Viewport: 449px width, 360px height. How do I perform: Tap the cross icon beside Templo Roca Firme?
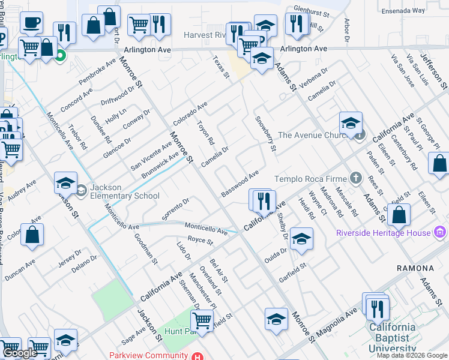(356, 178)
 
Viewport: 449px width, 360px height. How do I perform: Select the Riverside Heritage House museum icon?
(441, 232)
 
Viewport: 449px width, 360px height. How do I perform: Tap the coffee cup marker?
(31, 23)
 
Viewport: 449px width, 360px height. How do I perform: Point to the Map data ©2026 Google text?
(411, 355)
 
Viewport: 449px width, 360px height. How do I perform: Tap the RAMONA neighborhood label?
(414, 268)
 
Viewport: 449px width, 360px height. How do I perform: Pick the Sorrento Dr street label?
(175, 208)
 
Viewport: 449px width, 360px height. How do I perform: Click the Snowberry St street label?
(265, 133)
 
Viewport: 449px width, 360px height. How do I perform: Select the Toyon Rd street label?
(206, 133)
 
